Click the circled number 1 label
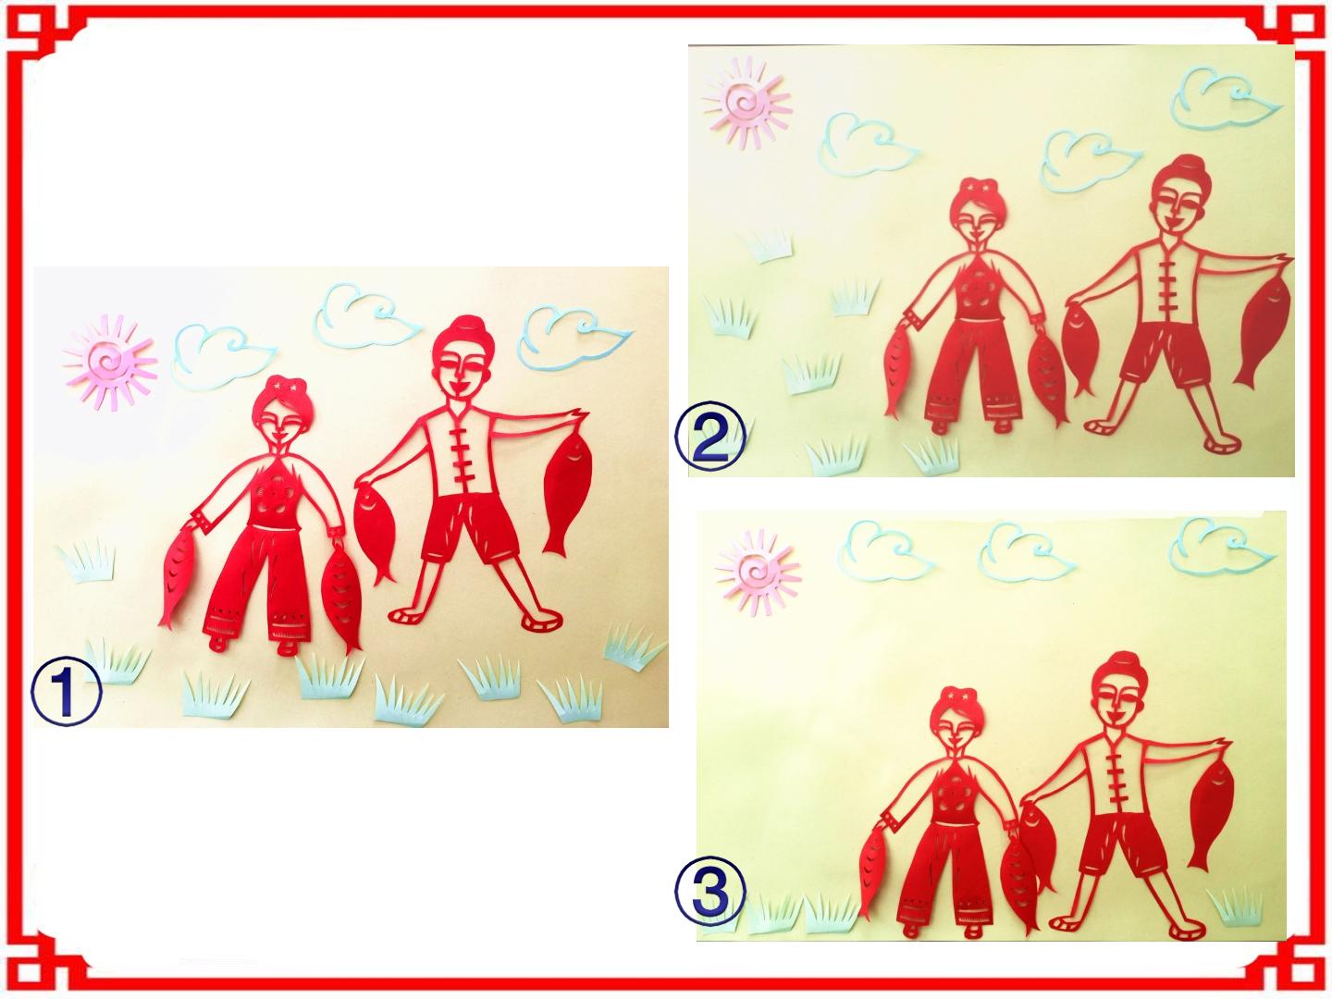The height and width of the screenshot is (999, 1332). (x=67, y=694)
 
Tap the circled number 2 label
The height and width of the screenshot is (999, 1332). (x=710, y=438)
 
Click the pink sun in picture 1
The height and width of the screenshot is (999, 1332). (x=110, y=362)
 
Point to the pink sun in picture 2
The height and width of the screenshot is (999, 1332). (x=746, y=103)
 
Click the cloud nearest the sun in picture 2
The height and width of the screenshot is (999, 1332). (x=867, y=143)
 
